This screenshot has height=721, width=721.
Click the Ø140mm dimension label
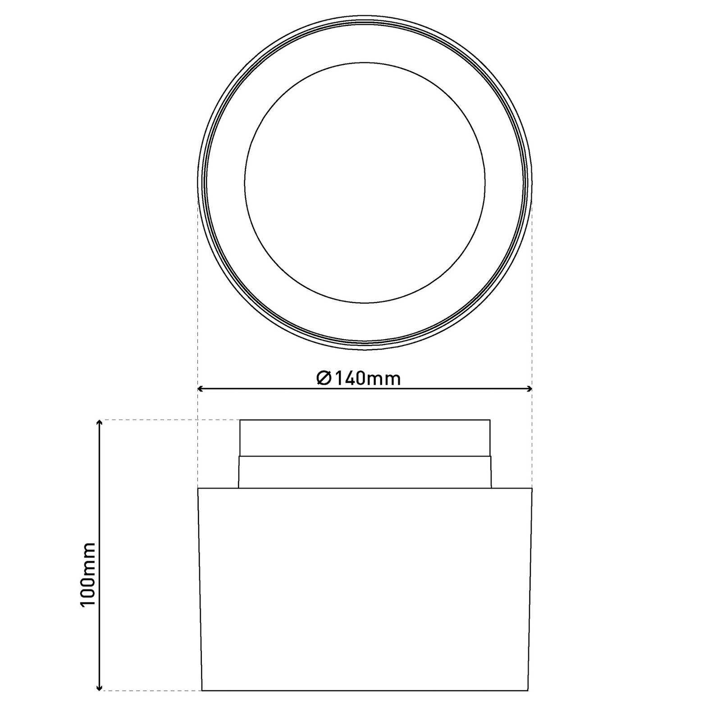point(359,378)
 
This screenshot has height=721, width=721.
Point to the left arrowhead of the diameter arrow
point(201,388)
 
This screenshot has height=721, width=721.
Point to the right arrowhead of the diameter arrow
point(530,388)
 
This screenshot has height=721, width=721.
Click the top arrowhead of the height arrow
point(99,422)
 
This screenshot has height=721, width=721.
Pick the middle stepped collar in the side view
point(365,472)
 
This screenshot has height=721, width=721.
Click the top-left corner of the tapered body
point(198,488)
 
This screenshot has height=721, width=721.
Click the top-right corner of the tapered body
point(532,488)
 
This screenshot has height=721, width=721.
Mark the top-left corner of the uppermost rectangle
point(240,420)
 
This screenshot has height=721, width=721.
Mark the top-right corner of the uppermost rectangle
point(490,420)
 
